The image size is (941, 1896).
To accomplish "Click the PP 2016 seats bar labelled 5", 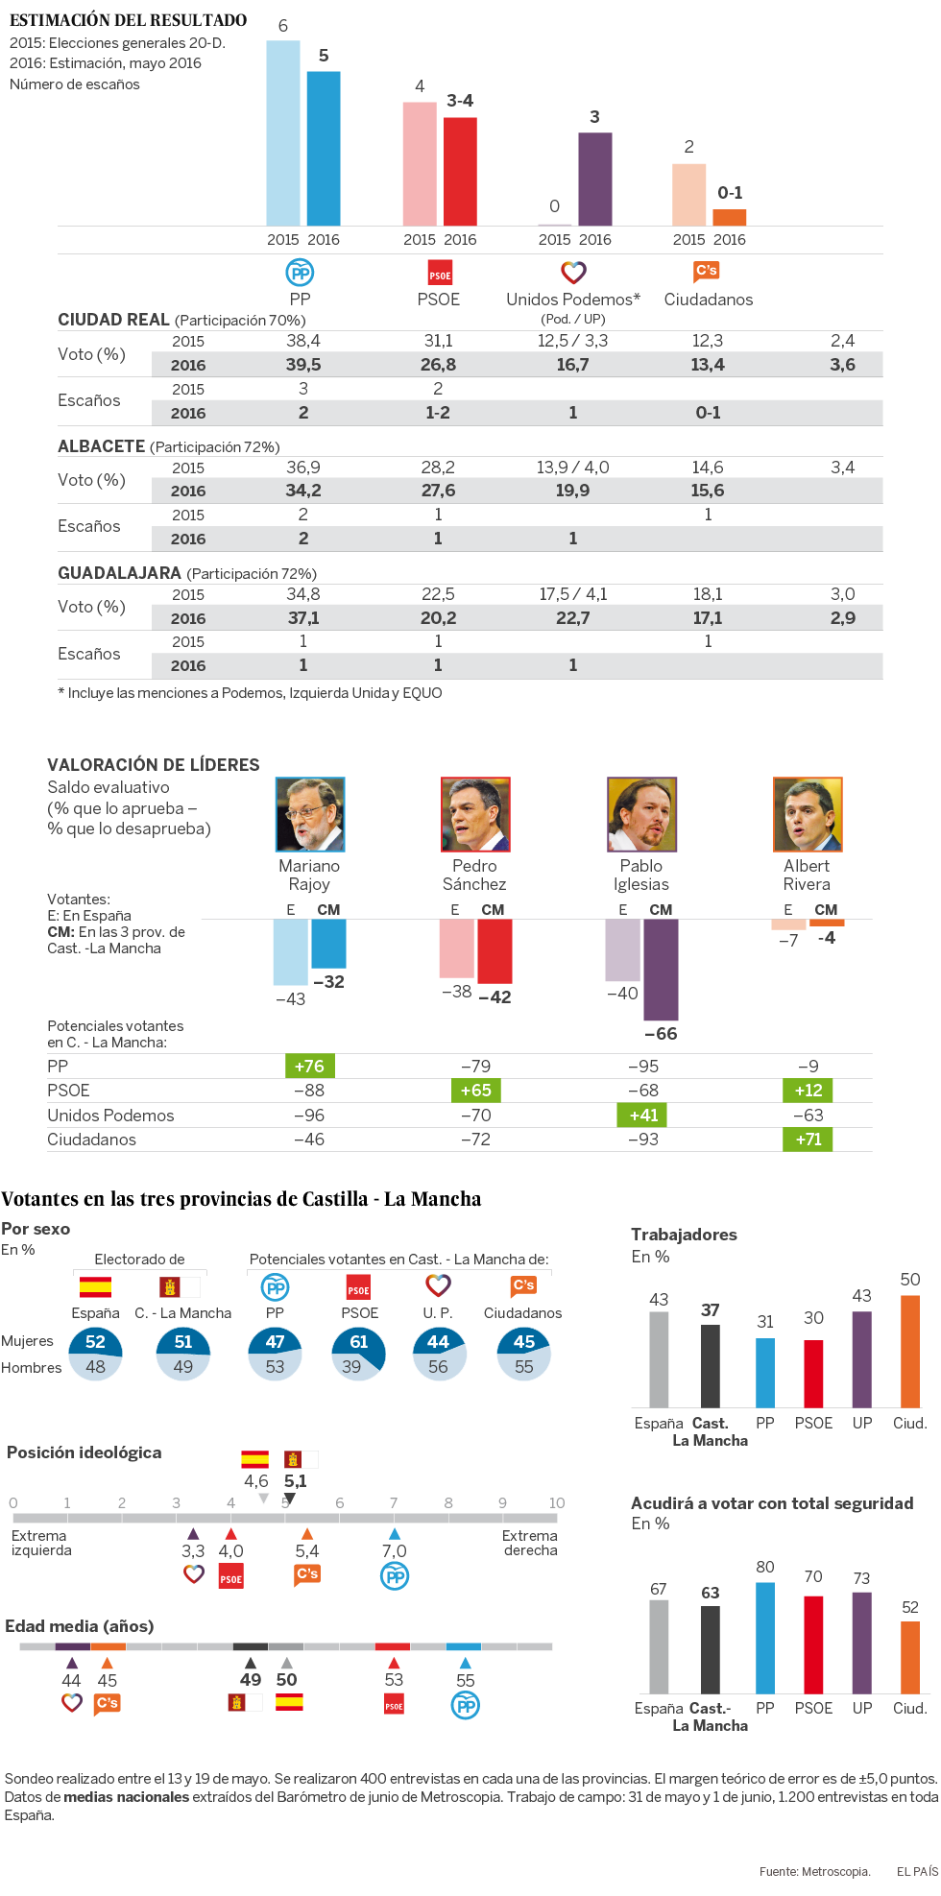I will coord(324,149).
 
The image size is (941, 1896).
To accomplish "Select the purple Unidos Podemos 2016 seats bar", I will coord(594,179).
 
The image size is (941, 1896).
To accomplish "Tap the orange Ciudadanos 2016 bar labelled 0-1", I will coord(730,217).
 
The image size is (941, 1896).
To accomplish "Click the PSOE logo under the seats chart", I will coord(440,274).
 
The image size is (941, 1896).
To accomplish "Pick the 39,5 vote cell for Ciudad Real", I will coord(303,365).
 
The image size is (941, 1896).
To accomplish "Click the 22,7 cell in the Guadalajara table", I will coord(573,618).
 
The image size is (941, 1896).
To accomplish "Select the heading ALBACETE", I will coord(101,446).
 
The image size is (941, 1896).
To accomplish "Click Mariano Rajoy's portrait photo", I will coord(310,815).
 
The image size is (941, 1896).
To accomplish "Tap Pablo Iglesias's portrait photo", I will coord(641,815).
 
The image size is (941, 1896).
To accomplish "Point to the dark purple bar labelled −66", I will coord(661,970).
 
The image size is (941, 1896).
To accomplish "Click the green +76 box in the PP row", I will coord(309,1067).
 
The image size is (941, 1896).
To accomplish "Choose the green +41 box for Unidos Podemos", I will coord(643,1116).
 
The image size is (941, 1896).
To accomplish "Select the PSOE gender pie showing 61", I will coord(359,1354).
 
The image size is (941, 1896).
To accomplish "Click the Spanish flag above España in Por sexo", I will coord(95,1286).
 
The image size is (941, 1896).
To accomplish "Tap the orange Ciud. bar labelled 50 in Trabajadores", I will coord(910,1352).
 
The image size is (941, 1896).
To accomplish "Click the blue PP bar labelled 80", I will coord(765,1638).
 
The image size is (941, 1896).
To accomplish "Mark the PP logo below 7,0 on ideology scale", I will coord(395,1576).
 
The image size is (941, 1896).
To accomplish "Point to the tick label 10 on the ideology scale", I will coord(557,1502).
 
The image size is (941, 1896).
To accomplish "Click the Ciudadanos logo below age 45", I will coord(108,1704).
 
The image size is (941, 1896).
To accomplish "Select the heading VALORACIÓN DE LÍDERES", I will coord(154,765).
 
